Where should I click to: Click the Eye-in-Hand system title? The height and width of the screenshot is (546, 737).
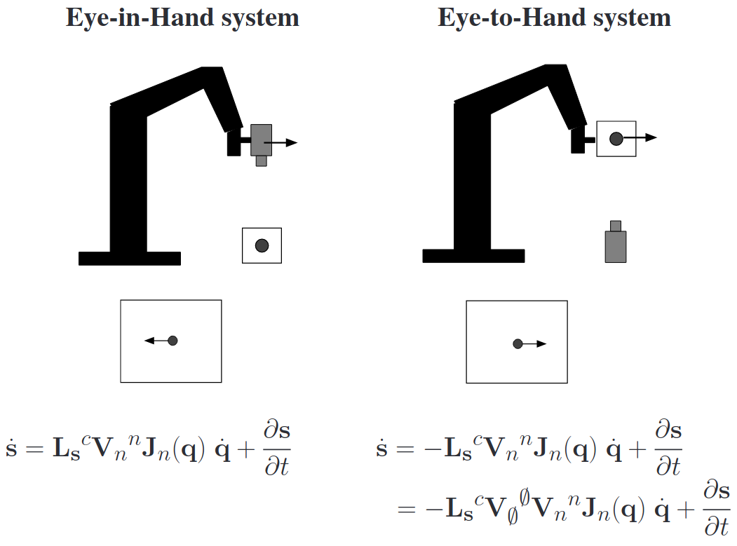182,18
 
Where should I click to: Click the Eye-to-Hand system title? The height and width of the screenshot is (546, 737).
554,18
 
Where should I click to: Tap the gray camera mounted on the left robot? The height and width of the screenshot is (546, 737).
261,139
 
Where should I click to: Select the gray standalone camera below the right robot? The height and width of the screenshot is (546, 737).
616,246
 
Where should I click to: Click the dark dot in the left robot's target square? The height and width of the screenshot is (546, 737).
262,245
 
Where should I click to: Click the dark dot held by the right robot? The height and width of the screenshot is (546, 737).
616,138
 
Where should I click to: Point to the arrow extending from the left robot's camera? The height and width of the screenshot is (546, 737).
283,143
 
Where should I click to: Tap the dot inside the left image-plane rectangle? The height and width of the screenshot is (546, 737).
173,341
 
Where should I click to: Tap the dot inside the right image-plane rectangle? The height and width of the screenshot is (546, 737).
518,343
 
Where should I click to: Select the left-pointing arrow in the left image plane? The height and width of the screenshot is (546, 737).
156,341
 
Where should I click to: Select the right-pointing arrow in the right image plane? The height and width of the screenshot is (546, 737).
535,343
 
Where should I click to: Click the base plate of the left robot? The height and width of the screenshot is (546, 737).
130,259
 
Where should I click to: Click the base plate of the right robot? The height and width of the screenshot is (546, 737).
473,256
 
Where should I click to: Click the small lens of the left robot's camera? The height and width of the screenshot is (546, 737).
261,161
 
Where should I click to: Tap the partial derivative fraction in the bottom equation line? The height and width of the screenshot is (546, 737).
716,509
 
